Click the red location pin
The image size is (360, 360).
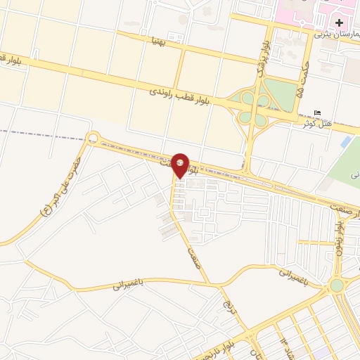tap(181, 165)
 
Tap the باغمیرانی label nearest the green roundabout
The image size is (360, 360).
tap(295, 270)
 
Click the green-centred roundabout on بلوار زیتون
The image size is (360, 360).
tap(337, 285)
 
